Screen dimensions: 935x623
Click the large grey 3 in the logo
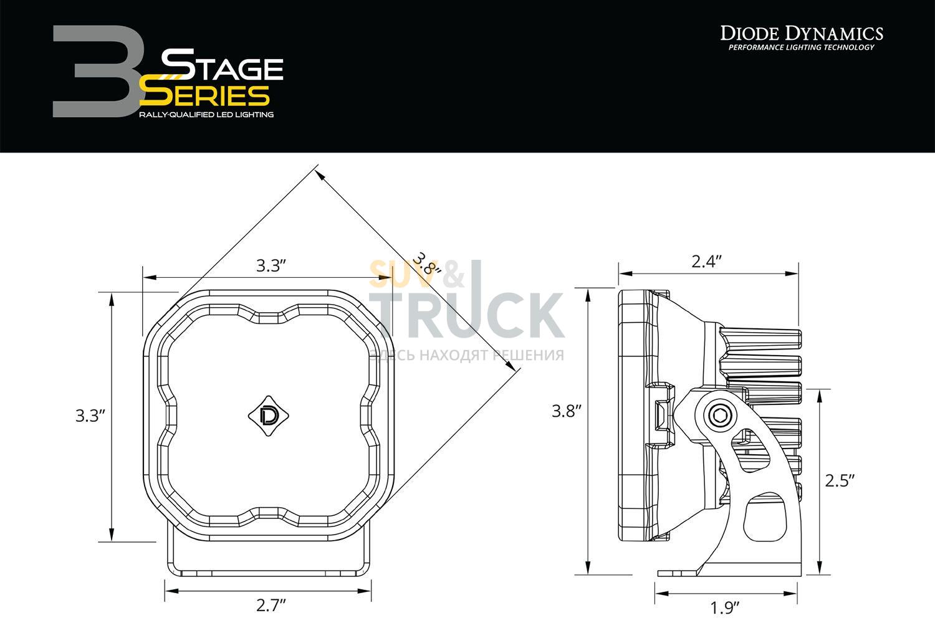[x=98, y=72]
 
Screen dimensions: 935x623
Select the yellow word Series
[x=204, y=95]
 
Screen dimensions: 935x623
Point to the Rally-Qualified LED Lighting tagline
[x=206, y=115]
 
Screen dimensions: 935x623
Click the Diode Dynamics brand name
[x=802, y=34]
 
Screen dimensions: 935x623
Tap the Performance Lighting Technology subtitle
[x=802, y=47]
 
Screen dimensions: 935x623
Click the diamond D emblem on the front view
[x=269, y=416]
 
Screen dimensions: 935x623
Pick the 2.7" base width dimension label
[x=271, y=605]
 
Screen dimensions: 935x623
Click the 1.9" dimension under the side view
[x=724, y=608]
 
